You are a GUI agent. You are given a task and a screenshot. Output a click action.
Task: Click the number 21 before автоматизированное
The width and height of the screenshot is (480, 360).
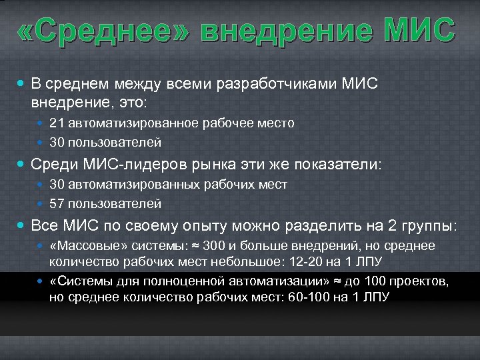(x=56, y=123)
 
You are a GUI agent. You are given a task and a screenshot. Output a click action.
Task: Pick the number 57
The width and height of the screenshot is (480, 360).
(x=56, y=203)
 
